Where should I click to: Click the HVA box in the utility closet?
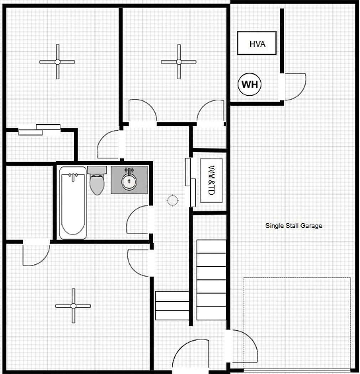coord(257,43)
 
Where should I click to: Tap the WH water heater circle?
coord(250,84)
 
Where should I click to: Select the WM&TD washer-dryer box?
coord(211,180)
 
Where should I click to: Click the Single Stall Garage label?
coord(294,226)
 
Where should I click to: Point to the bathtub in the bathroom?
coord(73,203)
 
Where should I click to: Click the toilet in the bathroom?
coord(97,180)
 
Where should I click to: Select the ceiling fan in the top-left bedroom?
coord(57,62)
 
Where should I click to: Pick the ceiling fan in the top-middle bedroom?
coord(179,62)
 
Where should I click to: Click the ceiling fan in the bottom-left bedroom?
coord(73,306)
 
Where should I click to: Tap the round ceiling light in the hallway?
coord(172,200)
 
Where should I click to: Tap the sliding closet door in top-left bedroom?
coord(40,130)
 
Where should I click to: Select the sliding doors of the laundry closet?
coord(191,182)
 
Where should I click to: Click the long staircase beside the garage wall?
coord(211,280)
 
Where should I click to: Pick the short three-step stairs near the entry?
coord(172,306)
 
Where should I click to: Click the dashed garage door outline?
coord(297,278)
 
